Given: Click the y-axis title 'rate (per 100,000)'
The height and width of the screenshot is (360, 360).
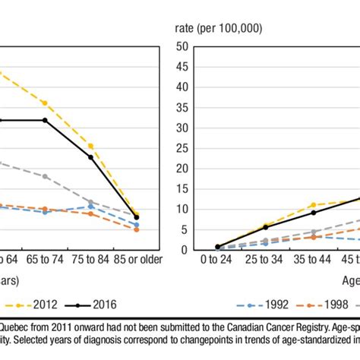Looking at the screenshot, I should [x=219, y=28].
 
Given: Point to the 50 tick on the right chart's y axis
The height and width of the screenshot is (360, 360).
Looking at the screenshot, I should [x=181, y=46].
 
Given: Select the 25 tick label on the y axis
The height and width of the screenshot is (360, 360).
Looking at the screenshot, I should [x=181, y=148].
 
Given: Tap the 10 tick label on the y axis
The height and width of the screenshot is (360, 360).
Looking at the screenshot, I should [x=181, y=209].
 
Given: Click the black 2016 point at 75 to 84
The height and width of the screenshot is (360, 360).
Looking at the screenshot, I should [x=90, y=157].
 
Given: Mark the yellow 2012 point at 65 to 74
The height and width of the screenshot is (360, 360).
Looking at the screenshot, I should [x=45, y=103].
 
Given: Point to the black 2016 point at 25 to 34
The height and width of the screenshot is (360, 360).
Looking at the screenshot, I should [x=265, y=227].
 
